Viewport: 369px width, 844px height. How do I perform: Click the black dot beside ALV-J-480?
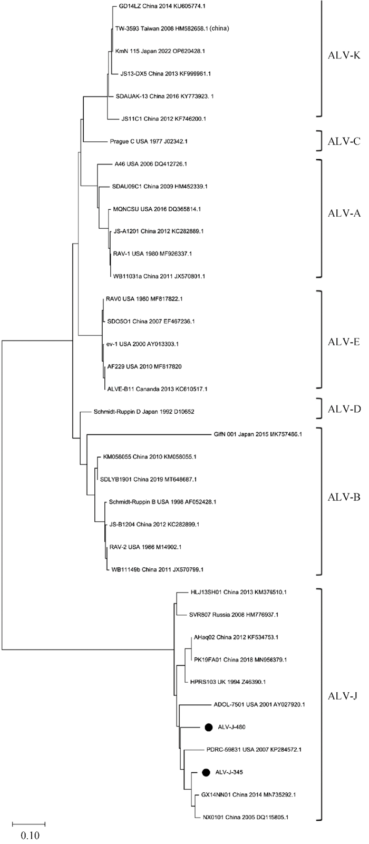209,727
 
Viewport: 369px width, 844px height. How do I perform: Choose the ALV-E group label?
342,342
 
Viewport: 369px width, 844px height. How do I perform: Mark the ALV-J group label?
342,696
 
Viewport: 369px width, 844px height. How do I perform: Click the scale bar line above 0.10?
29,823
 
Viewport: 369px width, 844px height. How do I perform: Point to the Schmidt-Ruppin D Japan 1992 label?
137,411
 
